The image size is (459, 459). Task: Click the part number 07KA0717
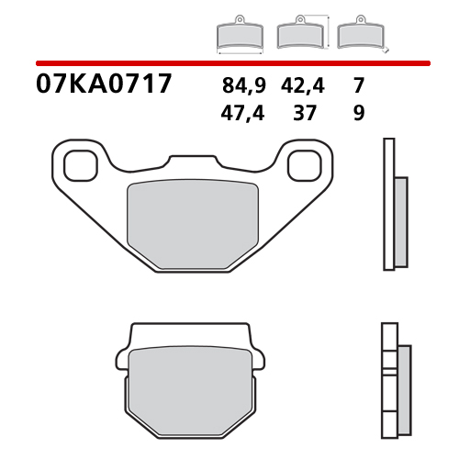coord(104,86)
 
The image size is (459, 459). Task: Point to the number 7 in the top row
coord(358,88)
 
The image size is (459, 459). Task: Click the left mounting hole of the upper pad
coord(79,165)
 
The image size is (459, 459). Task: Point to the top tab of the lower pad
coord(192,333)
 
